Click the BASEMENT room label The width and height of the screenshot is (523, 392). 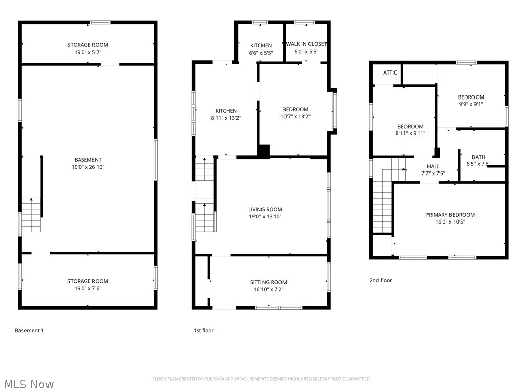pos(88,160)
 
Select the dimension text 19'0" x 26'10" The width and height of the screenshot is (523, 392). pos(88,167)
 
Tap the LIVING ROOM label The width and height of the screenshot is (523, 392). pos(265,209)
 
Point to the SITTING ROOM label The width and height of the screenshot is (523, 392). pos(268,282)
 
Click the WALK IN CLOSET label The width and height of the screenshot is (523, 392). pos(306,44)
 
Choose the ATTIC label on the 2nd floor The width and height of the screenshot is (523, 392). pos(390,72)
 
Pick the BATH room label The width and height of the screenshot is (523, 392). pos(479,157)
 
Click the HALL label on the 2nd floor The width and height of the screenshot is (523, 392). pos(433,166)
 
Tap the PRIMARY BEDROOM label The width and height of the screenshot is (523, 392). pos(450,215)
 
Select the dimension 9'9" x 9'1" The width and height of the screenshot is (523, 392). pos(470,104)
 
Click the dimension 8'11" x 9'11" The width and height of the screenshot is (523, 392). pos(411,133)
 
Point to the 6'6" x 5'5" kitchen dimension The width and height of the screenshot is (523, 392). pos(260,52)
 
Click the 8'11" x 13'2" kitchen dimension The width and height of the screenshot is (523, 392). pos(226,117)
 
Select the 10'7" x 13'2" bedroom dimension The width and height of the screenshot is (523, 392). pos(295,116)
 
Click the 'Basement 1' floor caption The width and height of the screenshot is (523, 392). pos(29,330)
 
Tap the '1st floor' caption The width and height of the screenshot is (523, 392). pos(203,330)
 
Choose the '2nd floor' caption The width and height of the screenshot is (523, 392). pos(381,280)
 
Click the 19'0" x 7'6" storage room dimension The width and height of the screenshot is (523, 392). pos(88,288)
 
